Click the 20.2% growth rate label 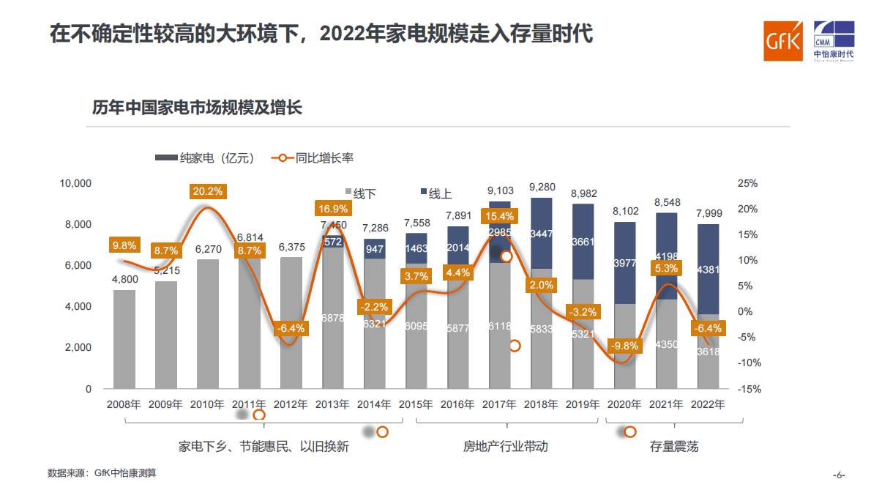(x=208, y=191)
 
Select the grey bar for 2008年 (x=124, y=338)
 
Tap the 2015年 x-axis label (x=416, y=404)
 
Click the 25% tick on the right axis (x=748, y=183)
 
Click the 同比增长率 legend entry (x=315, y=157)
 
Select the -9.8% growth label (x=624, y=346)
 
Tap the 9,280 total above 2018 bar (x=541, y=188)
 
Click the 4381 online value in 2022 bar (x=709, y=269)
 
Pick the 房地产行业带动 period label (x=505, y=446)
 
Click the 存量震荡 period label (x=673, y=446)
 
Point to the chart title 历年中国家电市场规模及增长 (x=197, y=108)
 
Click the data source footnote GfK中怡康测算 (x=102, y=473)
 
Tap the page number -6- (x=840, y=474)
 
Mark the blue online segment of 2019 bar (x=583, y=242)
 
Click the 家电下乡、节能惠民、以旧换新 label (x=263, y=446)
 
